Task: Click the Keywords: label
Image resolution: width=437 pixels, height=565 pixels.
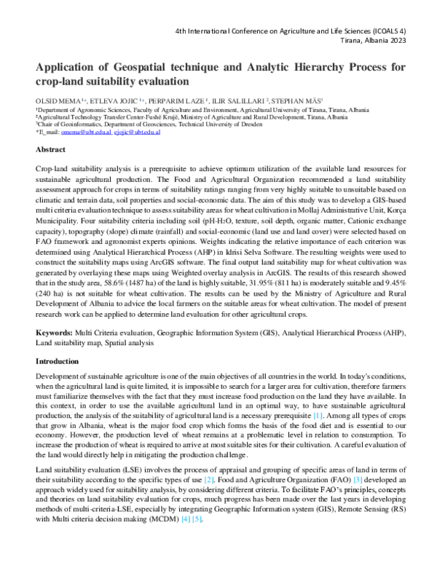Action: pyautogui.click(x=55, y=331)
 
